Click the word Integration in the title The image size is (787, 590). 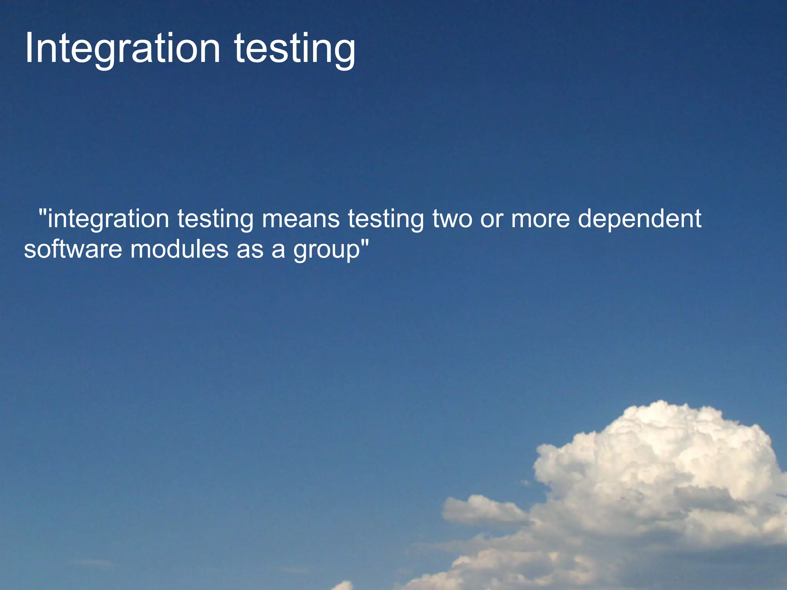tap(122, 49)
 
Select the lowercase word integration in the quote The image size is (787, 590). tap(108, 219)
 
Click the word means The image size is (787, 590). tap(301, 219)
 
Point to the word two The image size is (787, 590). tap(452, 219)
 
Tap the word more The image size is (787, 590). tap(540, 219)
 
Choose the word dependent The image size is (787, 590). tap(639, 219)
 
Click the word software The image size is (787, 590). tap(73, 250)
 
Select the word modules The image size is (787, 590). tap(179, 250)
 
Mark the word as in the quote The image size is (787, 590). tap(250, 250)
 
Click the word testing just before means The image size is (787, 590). tap(215, 219)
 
